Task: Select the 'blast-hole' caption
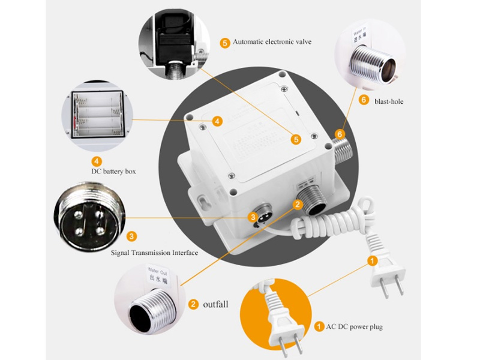[x=389, y=101]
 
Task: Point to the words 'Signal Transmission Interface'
[x=154, y=253]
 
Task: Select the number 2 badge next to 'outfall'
[x=193, y=304]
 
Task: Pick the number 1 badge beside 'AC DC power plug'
[x=318, y=327]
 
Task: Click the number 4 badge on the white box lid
[x=217, y=121]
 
